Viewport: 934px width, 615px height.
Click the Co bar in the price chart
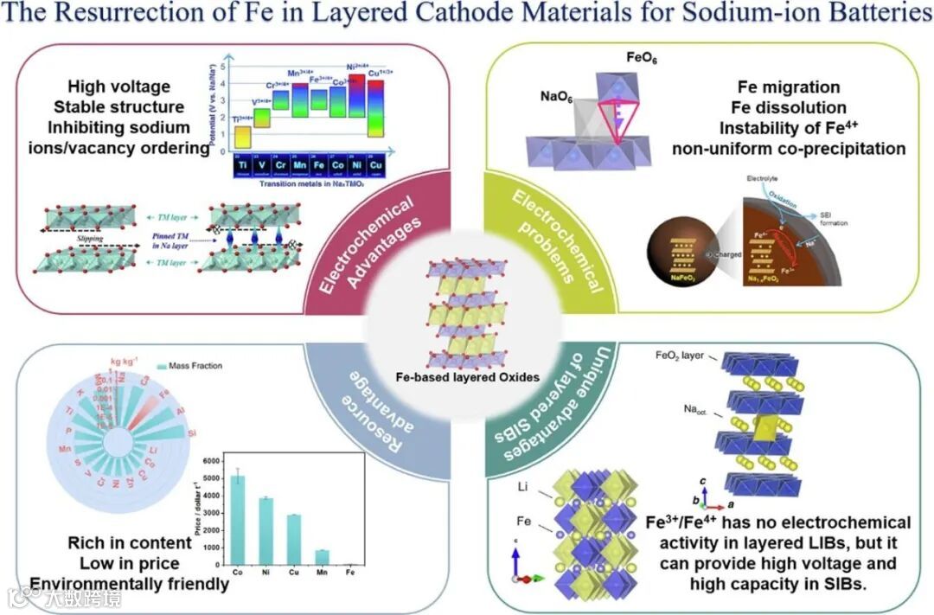pos(237,519)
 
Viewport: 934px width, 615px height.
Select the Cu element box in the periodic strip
pos(374,163)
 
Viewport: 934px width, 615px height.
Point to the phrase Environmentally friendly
pos(131,584)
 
